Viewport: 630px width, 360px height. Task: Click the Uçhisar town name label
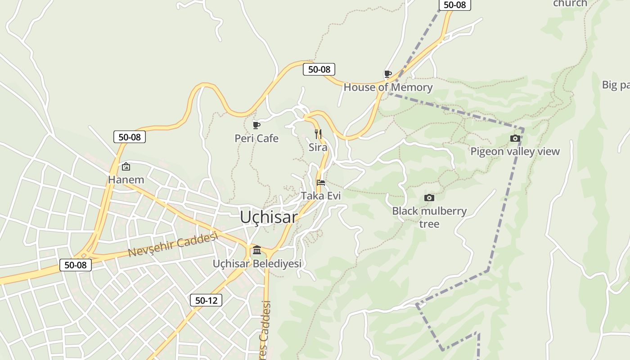tap(269, 217)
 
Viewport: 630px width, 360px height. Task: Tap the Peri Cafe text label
tap(256, 139)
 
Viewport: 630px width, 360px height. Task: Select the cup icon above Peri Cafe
tap(256, 125)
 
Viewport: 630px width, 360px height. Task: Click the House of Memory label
tap(388, 87)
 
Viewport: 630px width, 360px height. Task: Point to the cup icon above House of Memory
tap(387, 74)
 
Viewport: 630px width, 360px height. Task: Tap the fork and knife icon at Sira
tap(318, 134)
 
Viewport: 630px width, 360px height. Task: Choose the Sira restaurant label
tap(318, 148)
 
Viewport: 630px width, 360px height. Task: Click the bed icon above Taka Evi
tap(321, 182)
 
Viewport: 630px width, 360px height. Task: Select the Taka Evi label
tap(321, 196)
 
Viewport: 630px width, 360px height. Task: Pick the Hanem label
tap(126, 180)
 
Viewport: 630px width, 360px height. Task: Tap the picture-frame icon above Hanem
tap(126, 166)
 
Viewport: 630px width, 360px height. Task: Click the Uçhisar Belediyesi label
tap(257, 264)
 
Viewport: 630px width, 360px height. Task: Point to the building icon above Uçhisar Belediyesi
tap(257, 250)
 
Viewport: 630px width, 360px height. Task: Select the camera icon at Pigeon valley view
tap(515, 138)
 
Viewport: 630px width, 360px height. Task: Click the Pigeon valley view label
tap(515, 152)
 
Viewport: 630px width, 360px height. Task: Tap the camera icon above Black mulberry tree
tap(429, 198)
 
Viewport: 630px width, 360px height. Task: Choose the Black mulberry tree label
tap(429, 217)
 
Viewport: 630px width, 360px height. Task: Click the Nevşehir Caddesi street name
tap(173, 245)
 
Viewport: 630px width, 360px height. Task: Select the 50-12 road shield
tap(206, 300)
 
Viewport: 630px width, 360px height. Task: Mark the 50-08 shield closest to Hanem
tap(130, 137)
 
